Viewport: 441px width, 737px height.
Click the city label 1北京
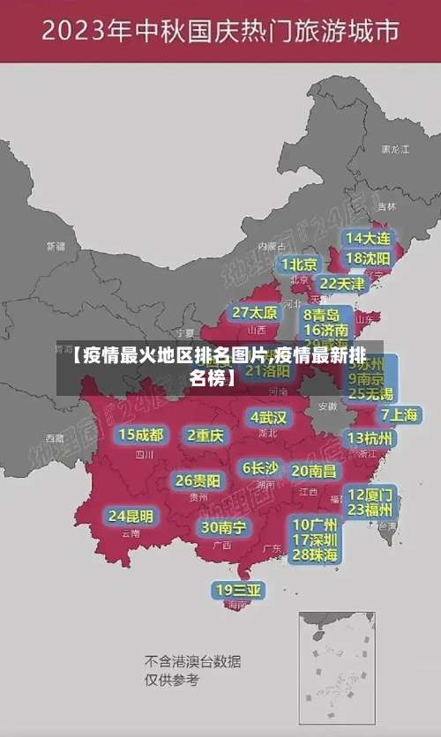coord(299,264)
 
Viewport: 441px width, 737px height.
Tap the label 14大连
coord(368,238)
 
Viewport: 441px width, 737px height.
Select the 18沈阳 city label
coord(368,258)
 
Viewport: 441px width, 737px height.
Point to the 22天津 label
coord(341,284)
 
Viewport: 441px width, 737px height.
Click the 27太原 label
coord(255,313)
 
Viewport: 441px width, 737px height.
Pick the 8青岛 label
coord(322,314)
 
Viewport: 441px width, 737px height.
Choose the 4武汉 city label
coord(269,417)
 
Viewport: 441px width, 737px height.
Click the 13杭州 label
coord(370,438)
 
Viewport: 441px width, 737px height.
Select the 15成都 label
coord(141,435)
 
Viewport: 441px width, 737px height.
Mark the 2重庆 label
coord(206,435)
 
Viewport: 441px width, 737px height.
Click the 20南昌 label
coord(314,471)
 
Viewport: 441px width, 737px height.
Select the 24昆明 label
coord(131,516)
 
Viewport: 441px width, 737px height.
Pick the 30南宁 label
coord(223,527)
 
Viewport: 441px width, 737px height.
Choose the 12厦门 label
coord(370,494)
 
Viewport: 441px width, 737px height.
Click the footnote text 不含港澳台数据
coord(193,661)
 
